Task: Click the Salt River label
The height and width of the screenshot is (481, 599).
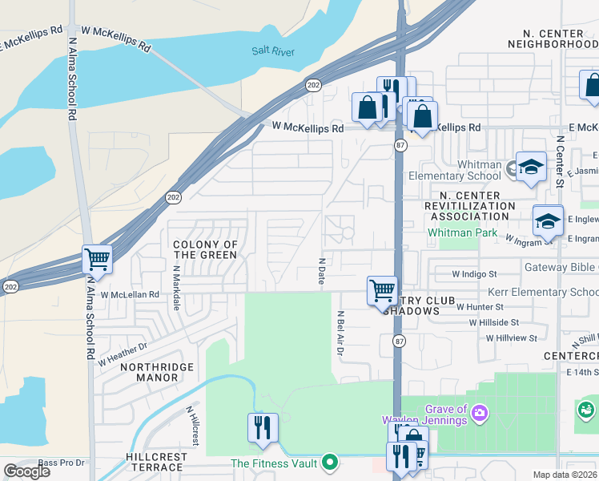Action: point(273,51)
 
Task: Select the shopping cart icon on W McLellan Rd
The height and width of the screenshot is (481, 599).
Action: point(382,289)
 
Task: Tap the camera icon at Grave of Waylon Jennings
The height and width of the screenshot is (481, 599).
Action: point(480,413)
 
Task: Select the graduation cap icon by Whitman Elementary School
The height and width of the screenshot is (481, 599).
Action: point(530,167)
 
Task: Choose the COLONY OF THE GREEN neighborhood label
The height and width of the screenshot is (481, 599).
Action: point(206,249)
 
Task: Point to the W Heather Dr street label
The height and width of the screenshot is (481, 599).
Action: point(123,354)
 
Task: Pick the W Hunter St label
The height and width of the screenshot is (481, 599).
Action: point(480,306)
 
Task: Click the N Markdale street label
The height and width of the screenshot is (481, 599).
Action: point(175,282)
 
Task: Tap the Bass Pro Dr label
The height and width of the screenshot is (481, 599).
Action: point(61,463)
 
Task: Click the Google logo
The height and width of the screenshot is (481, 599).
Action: point(26,471)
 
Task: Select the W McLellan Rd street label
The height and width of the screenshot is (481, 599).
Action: point(130,294)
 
